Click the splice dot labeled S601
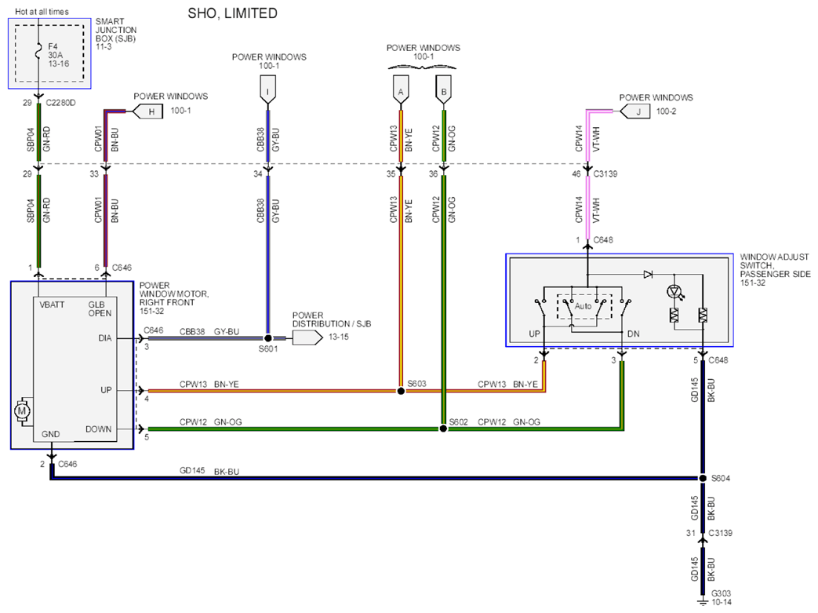point(268,338)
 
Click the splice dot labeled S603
point(401,391)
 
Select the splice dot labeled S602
point(443,429)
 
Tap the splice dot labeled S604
point(703,478)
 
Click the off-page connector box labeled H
point(148,111)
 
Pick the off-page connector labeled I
point(267,89)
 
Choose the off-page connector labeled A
point(401,89)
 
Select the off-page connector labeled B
point(443,89)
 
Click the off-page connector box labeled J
point(635,111)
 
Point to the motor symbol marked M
point(22,411)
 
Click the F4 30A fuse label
point(58,55)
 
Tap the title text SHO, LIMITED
point(233,13)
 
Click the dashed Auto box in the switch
point(584,306)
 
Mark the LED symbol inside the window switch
point(675,292)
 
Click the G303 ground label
point(721,597)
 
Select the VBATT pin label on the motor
point(53,305)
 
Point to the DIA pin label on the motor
point(105,338)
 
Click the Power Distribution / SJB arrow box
point(307,338)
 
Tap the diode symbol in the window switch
point(648,274)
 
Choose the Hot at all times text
point(42,12)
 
